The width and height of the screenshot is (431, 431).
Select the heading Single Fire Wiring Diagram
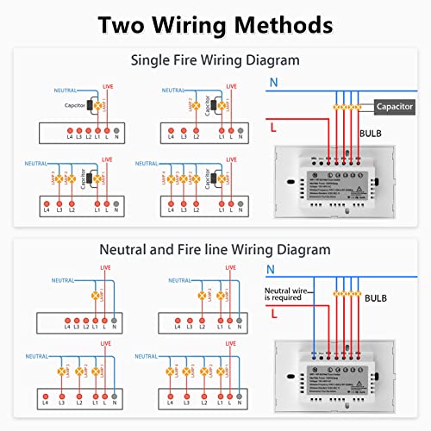click(215, 61)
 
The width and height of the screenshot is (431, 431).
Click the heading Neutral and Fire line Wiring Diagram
click(215, 251)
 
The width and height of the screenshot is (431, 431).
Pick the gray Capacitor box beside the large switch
click(397, 106)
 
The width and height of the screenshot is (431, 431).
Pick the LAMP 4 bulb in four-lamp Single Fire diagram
click(171, 183)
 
